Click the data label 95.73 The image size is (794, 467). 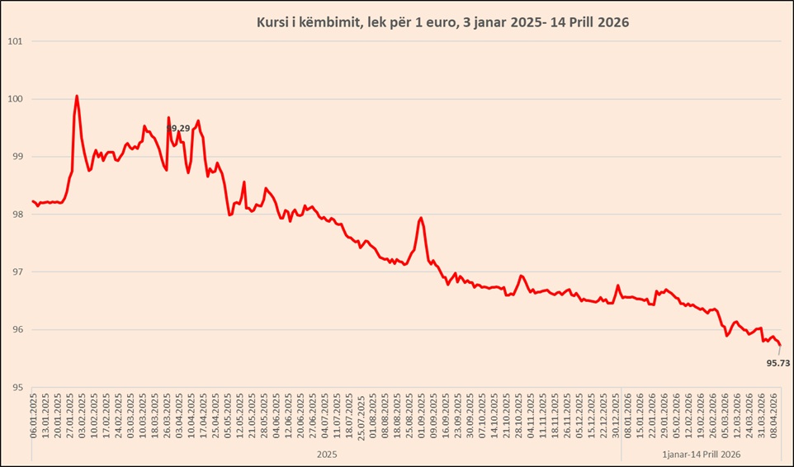(x=778, y=362)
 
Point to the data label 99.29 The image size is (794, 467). (x=178, y=128)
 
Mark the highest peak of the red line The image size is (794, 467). (x=77, y=96)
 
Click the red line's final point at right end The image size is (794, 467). (x=780, y=345)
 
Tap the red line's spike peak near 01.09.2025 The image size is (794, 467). (x=421, y=218)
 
